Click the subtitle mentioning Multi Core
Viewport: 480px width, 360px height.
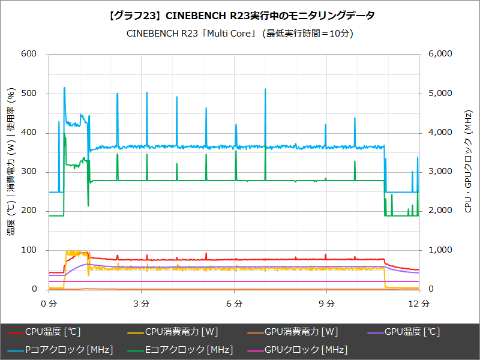point(240,34)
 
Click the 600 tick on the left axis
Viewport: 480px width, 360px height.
point(29,54)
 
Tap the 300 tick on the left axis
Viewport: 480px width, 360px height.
point(29,172)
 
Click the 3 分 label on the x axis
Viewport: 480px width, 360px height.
point(142,304)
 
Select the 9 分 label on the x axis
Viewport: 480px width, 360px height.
point(328,304)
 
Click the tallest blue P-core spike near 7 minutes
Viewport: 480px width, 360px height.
point(265,90)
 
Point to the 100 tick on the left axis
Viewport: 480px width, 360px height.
point(29,250)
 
